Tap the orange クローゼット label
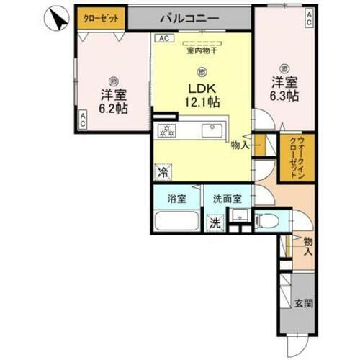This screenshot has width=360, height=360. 102,18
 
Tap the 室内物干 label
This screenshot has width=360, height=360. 202,50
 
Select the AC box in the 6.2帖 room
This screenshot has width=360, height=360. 83,120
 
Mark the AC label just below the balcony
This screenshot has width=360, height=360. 163,38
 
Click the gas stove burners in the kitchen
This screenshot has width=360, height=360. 167,130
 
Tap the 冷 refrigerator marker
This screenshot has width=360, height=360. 163,173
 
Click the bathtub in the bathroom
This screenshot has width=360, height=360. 178,222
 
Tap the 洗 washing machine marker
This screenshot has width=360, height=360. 215,224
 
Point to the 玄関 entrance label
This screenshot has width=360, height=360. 304,304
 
